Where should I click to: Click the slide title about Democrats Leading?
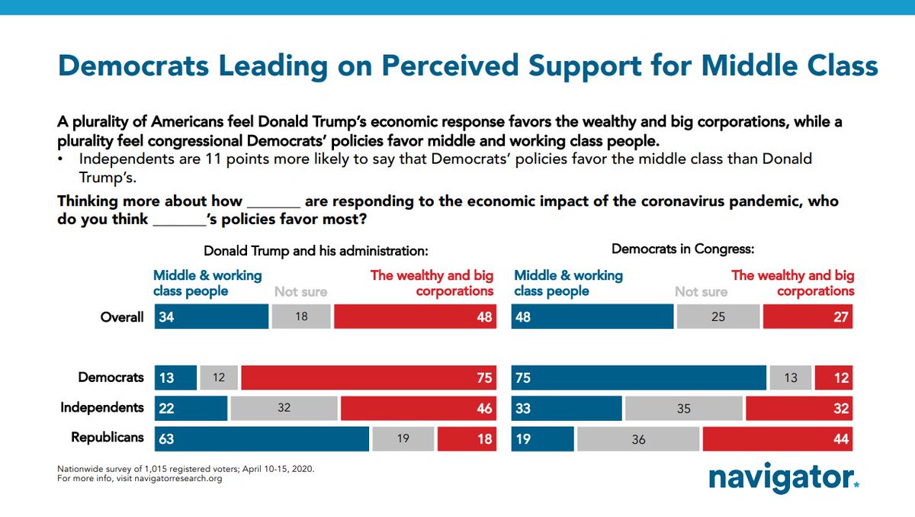point(467,66)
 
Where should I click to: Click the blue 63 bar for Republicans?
point(262,438)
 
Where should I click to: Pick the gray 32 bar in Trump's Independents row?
point(284,408)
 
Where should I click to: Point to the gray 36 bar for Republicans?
point(638,438)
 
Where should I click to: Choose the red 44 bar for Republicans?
point(777,438)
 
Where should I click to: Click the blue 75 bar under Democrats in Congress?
point(639,377)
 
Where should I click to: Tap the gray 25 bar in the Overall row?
point(718,316)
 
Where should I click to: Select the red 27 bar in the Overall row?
point(807,316)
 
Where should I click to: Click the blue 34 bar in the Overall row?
point(211,316)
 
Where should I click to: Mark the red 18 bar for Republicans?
point(467,438)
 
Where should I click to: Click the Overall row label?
point(122,316)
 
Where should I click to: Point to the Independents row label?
point(102,408)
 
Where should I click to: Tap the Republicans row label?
point(108,438)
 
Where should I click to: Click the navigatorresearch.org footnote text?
point(140,480)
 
